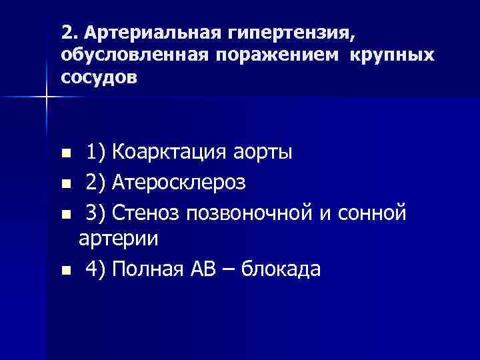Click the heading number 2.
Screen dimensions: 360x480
tap(66, 32)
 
